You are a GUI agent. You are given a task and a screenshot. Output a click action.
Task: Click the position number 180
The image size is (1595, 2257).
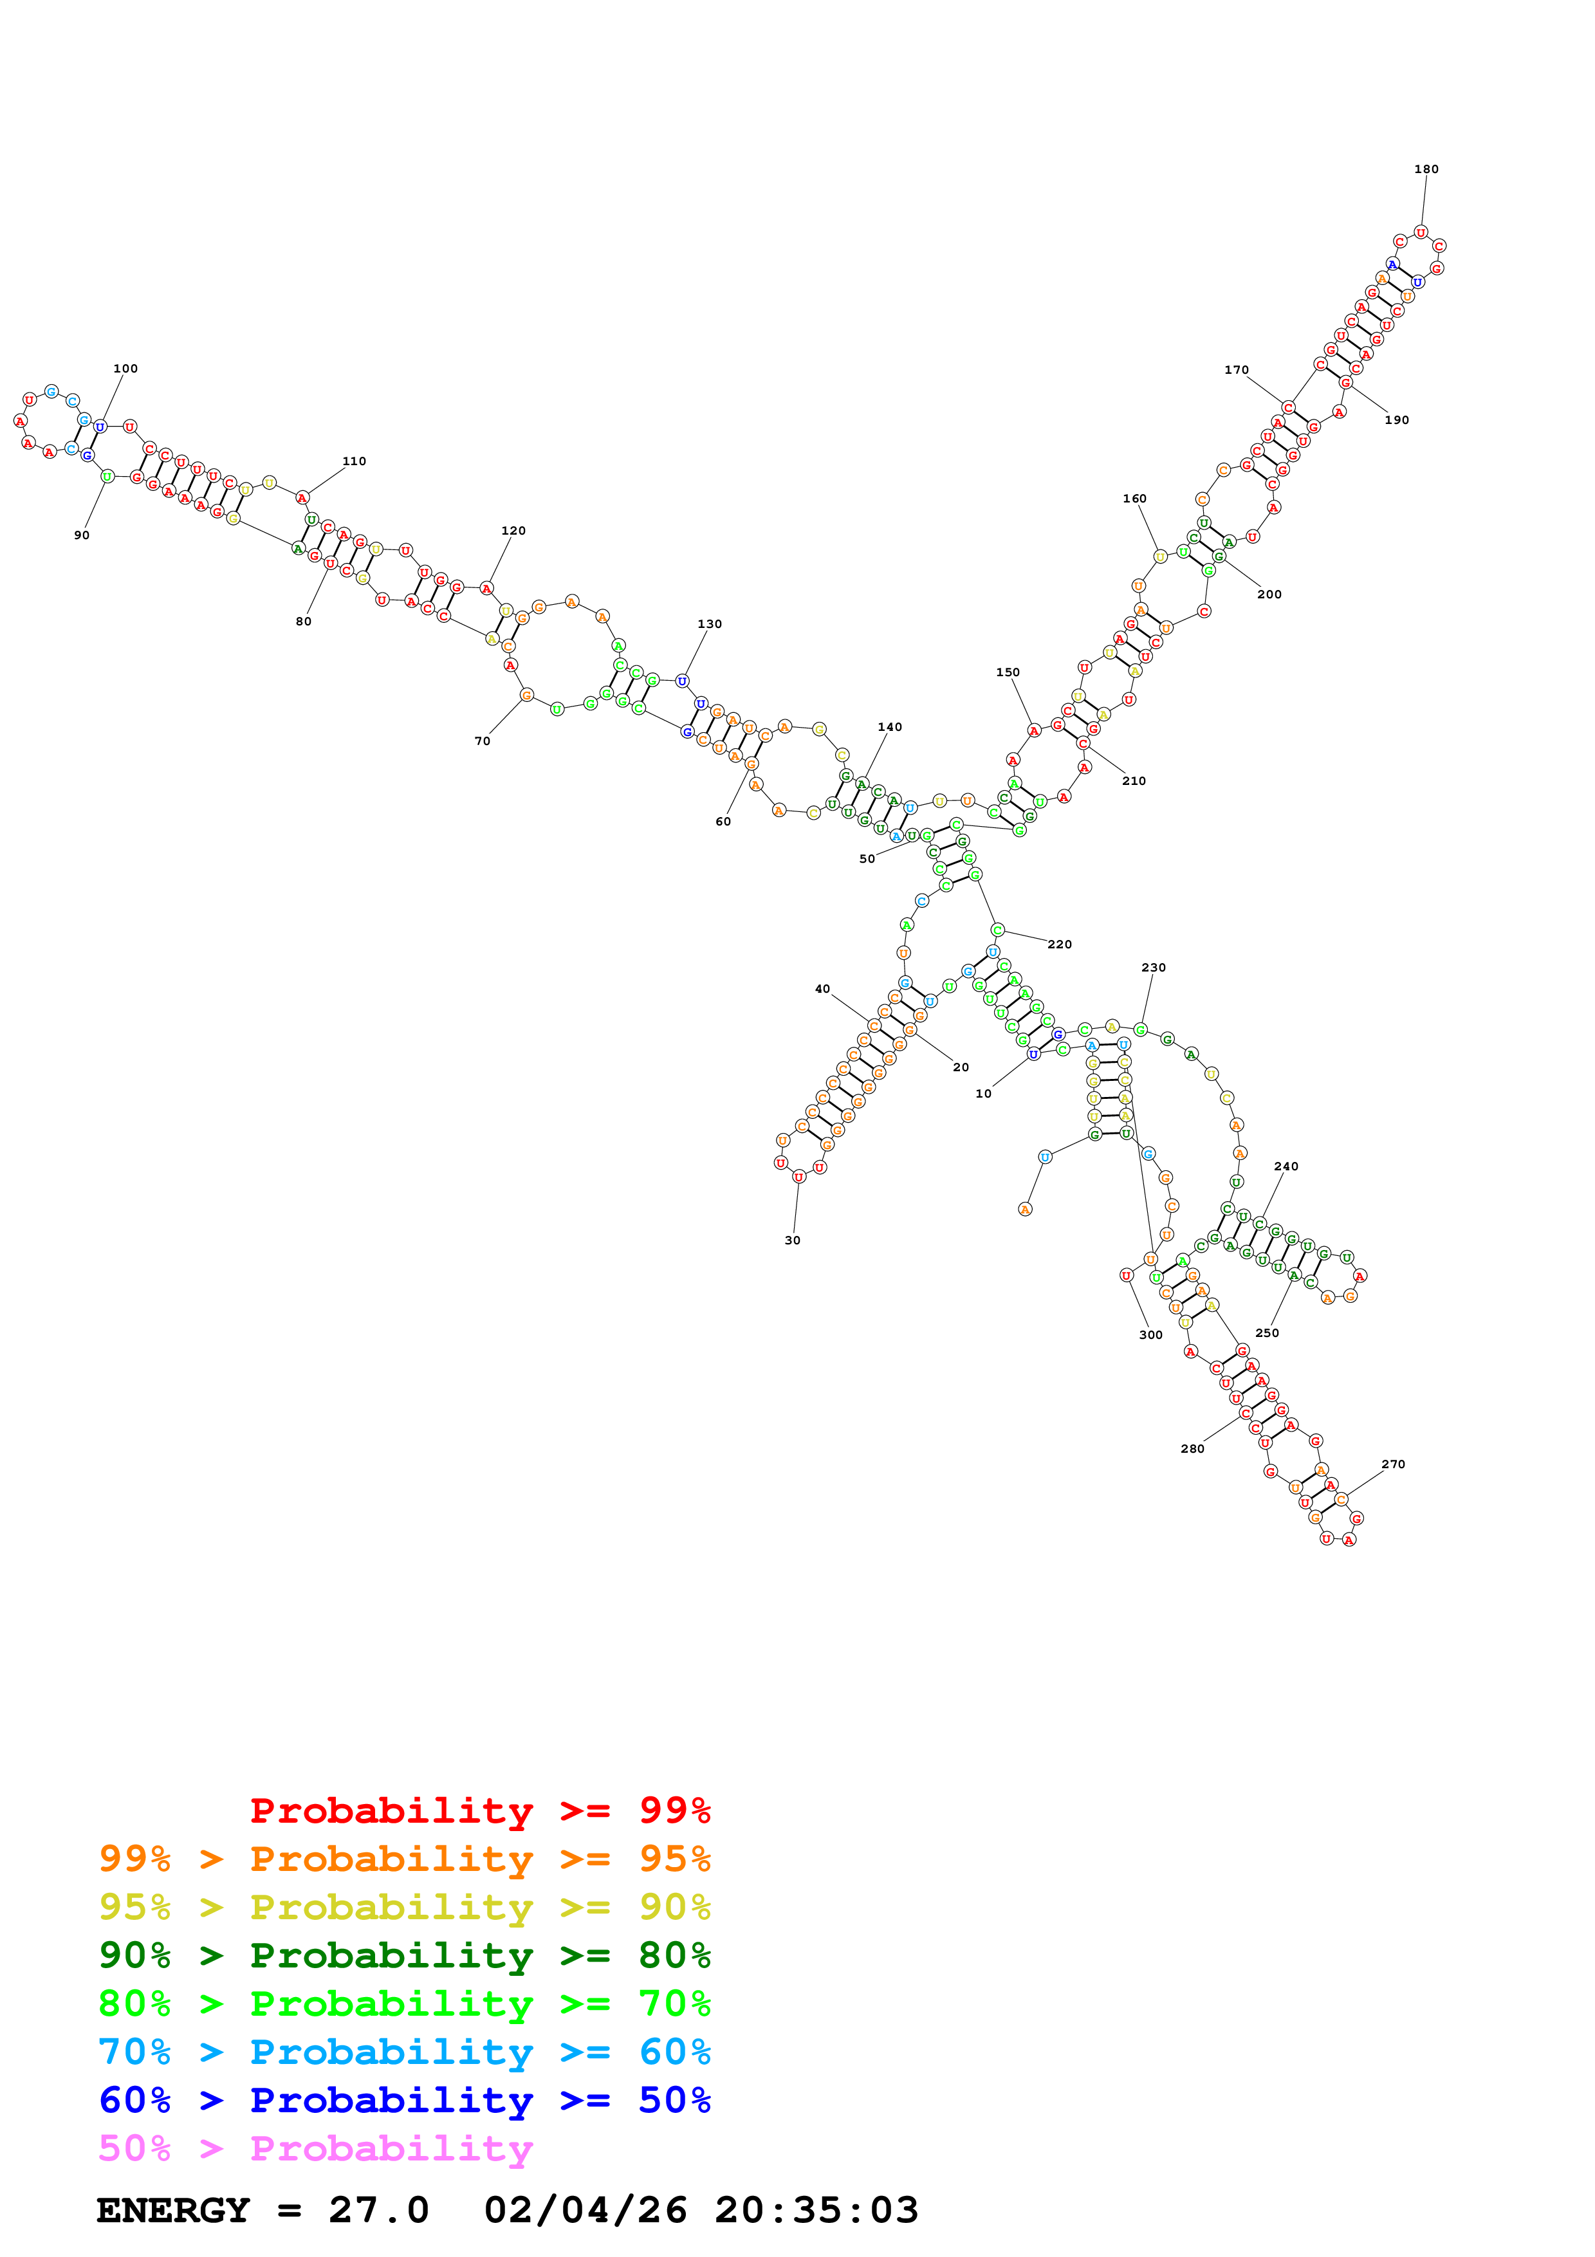tap(1426, 169)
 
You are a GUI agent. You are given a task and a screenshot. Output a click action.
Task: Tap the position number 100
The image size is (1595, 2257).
tap(126, 369)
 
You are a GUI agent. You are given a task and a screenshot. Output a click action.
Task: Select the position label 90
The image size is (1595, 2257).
tap(82, 535)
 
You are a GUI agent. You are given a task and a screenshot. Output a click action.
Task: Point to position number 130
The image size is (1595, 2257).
tap(710, 623)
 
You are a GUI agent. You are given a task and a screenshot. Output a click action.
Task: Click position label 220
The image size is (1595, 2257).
tap(1060, 944)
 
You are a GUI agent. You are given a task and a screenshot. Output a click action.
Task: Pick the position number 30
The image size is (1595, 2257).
tap(792, 1240)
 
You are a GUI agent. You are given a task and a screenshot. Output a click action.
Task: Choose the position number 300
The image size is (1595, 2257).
tap(1151, 1334)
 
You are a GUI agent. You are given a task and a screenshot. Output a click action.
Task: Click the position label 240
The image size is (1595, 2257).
tap(1286, 1166)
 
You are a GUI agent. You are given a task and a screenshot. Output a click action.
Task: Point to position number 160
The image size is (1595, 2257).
tap(1135, 499)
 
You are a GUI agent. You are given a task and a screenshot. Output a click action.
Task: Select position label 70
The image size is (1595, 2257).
tap(483, 740)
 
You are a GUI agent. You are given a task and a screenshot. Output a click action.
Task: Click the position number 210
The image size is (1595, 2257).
tap(1134, 780)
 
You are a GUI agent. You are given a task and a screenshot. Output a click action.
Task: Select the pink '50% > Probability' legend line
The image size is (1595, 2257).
tap(315, 2147)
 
